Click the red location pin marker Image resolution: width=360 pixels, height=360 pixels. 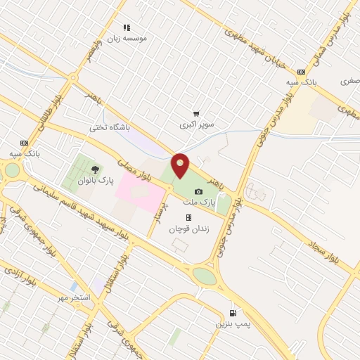point(180,166)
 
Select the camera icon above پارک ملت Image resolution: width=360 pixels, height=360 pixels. point(198,191)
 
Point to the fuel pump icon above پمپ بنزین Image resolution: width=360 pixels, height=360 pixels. point(232,313)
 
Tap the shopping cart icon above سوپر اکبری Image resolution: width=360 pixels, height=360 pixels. point(196,114)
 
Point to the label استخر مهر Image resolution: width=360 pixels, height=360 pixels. point(75,298)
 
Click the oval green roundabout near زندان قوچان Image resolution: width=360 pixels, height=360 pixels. point(205,276)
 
